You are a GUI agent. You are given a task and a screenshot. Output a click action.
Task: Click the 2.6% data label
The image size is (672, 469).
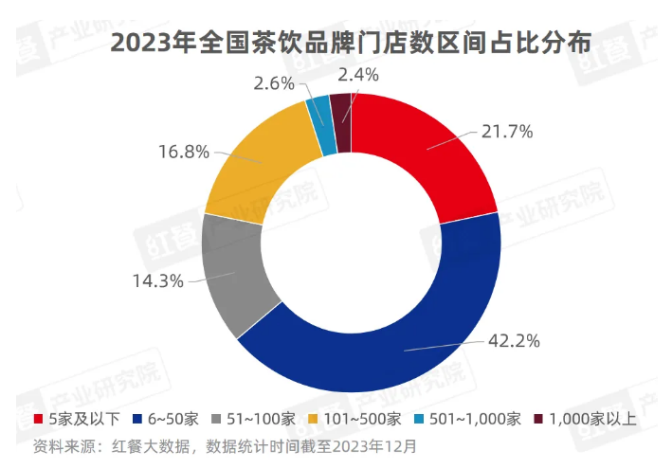point(275,82)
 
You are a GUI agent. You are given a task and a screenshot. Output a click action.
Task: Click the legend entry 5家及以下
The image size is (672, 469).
point(74,419)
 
